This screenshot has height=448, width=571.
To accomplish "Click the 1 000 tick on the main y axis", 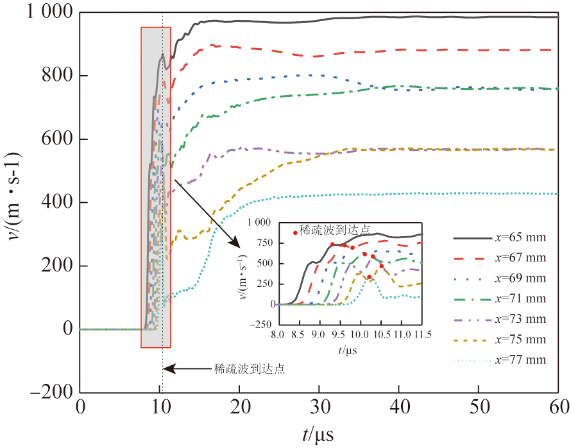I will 51,13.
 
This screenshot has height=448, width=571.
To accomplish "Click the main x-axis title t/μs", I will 318,434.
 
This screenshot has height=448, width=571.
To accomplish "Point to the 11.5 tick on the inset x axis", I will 422,334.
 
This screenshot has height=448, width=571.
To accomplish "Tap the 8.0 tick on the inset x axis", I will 278,334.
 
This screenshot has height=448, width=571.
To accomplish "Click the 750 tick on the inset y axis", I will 262,243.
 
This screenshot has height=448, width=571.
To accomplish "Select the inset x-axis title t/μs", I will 350,350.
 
